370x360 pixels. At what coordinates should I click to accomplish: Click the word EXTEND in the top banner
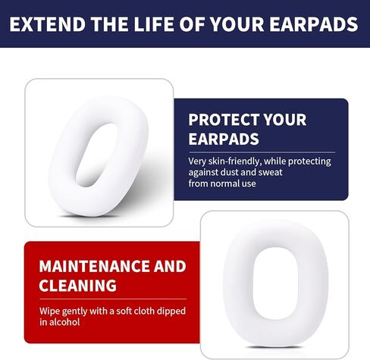(48, 24)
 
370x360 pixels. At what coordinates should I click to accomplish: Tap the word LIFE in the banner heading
(154, 24)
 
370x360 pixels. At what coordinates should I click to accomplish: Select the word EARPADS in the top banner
(314, 24)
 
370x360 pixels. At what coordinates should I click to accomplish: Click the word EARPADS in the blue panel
(224, 139)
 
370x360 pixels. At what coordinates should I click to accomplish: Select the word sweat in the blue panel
(271, 173)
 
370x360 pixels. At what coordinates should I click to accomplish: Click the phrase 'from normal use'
(222, 183)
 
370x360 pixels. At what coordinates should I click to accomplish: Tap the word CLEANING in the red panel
(77, 286)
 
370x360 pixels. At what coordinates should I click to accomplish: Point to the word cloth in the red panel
(144, 311)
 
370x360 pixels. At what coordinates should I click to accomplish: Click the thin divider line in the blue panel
(262, 152)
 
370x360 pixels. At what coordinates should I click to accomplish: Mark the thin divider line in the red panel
(113, 299)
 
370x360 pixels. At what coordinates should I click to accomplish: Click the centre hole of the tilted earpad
(96, 155)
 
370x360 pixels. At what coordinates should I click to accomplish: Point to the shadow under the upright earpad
(275, 347)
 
